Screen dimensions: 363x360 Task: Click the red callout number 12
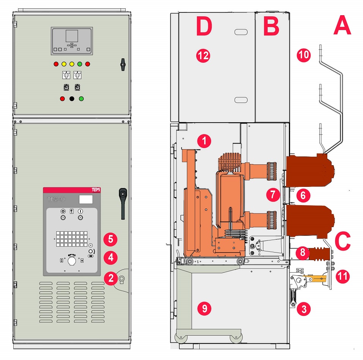203,55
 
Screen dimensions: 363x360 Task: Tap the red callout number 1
204,141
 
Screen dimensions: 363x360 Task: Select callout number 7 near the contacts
273,195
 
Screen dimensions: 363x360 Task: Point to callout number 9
204,308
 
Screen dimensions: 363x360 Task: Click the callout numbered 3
304,309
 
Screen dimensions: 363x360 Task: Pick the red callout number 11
343,276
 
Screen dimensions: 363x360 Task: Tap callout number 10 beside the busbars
304,55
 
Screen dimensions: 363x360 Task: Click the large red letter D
204,26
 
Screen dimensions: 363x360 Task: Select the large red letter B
271,26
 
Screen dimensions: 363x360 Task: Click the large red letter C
342,242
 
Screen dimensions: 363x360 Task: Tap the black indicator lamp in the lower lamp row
72,99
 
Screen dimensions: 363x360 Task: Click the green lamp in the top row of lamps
80,64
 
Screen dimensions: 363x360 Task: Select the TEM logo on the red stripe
96,190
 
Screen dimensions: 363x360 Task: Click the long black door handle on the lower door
123,204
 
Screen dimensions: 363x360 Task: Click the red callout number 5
110,239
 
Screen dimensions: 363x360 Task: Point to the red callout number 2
111,278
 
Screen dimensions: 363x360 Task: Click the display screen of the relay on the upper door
72,36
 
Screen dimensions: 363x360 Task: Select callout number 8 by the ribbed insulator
303,252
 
